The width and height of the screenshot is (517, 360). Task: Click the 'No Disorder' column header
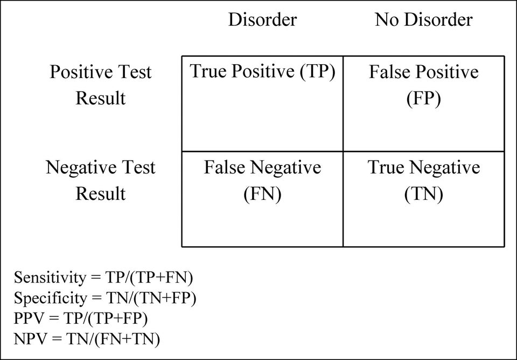423,19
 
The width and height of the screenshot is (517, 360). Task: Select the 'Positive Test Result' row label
100,85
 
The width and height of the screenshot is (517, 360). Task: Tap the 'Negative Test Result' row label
100,180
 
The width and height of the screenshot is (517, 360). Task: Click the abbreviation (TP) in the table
318,71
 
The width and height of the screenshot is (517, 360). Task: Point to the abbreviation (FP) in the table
423,98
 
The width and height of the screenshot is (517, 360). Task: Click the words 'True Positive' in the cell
242,71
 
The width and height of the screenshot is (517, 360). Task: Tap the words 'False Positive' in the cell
423,72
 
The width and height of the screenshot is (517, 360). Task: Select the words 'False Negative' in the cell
262,167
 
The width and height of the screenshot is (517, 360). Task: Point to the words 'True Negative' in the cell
423,167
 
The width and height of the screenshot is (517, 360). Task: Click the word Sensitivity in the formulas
50,278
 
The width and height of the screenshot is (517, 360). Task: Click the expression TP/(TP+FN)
149,278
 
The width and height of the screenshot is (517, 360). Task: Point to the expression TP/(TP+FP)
105,319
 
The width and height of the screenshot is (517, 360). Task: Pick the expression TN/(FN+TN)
113,339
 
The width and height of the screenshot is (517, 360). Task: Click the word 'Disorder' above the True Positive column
262,19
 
